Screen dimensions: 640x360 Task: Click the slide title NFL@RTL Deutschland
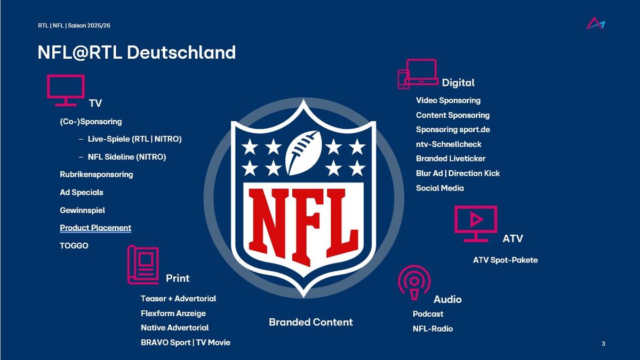137,52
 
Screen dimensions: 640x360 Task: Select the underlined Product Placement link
95,228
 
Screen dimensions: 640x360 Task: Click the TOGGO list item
74,246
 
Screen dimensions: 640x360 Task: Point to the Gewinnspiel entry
82,210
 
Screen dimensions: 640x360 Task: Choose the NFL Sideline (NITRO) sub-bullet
127,157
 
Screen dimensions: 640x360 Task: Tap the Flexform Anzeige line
173,314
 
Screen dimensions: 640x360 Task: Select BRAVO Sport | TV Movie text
186,342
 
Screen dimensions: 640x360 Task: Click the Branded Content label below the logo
311,322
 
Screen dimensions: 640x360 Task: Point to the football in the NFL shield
303,153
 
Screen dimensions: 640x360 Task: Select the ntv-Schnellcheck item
449,145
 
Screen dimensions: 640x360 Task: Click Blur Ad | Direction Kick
458,173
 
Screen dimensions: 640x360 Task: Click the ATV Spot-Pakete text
505,260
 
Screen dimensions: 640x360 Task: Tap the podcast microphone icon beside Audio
414,283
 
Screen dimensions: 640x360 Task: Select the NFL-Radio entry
433,329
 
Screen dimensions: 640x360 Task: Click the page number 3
603,343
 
